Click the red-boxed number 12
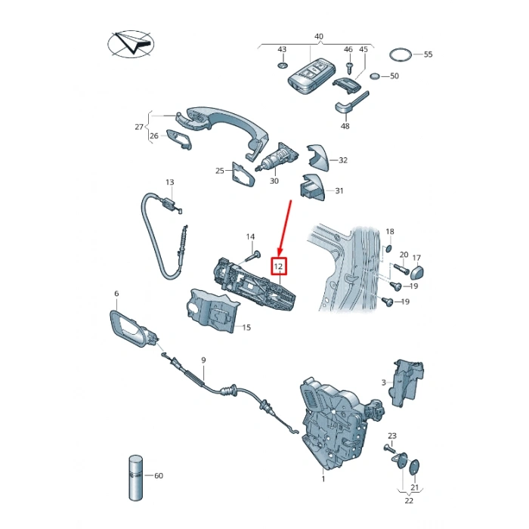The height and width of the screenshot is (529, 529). pos(278,267)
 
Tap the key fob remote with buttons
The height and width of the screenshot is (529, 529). pos(311,77)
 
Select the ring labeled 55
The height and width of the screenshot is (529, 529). pos(401,54)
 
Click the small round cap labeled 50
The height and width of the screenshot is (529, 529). pos(375,76)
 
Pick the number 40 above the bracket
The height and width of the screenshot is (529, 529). pos(318,36)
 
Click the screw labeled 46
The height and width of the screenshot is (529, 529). pos(350,67)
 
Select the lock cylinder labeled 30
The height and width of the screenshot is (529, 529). pos(277,157)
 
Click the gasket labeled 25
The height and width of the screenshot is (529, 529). pos(243,175)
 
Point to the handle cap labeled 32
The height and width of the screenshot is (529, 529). pos(317,158)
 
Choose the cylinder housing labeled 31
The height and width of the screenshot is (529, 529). pos(312,187)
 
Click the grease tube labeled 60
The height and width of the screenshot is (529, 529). pos(135,478)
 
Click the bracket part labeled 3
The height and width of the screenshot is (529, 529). pos(406,383)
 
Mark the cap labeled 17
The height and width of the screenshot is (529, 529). pos(416,272)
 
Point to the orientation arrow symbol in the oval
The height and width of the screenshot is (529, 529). pos(131,44)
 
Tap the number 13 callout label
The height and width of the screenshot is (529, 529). pos(170,183)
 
